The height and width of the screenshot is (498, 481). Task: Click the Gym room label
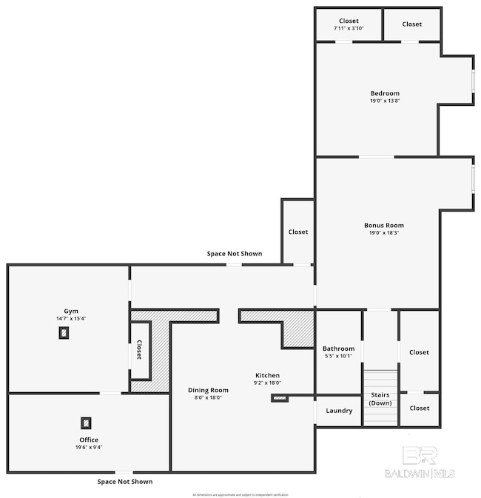tap(71, 312)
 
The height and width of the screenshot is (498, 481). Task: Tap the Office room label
tap(88, 440)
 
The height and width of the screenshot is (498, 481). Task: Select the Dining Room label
tap(208, 390)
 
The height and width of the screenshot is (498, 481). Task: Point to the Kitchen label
tap(268, 375)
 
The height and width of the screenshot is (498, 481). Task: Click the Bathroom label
tap(338, 349)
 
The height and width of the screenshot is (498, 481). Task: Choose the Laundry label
tap(339, 411)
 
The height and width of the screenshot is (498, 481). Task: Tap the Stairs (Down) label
tap(380, 400)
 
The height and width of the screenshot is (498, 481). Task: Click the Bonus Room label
tap(383, 226)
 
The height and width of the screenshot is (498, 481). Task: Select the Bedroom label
tap(384, 93)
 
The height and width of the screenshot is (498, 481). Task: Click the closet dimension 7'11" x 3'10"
tap(349, 28)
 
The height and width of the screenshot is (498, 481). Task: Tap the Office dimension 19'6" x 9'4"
tap(88, 448)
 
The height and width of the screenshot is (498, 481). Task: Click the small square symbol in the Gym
tap(64, 332)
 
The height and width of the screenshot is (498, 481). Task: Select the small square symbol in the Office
tap(87, 423)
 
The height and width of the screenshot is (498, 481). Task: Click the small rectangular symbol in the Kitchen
tap(280, 398)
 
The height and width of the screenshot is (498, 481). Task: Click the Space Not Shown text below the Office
tap(125, 482)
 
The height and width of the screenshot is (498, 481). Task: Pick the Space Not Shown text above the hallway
tap(234, 254)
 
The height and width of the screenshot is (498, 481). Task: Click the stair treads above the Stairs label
tap(380, 378)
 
